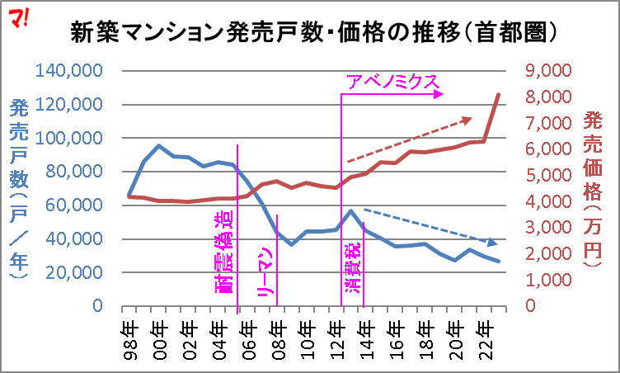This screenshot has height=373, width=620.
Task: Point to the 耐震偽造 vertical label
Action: point(224,253)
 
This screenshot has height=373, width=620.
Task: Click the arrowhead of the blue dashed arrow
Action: point(495,243)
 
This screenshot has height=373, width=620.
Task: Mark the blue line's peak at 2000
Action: point(160,146)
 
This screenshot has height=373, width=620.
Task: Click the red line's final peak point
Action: point(499,94)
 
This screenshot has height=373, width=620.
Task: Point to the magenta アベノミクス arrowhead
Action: point(441,94)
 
